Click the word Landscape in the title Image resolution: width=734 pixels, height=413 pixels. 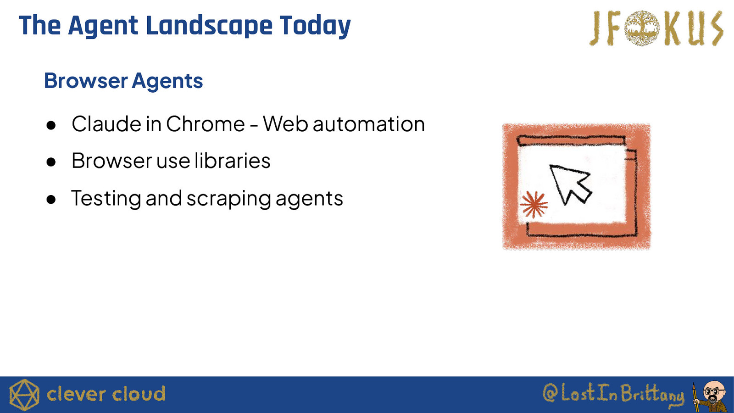click(209, 26)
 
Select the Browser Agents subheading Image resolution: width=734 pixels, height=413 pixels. click(123, 81)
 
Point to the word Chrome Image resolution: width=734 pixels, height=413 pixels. click(206, 124)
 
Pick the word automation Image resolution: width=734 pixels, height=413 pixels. click(369, 124)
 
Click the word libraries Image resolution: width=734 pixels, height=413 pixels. click(232, 161)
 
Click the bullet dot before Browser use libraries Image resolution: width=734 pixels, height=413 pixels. click(51, 162)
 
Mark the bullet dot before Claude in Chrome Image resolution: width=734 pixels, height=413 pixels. click(51, 125)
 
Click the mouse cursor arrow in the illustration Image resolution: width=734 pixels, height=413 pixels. click(569, 184)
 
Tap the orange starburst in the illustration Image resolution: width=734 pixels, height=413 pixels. click(534, 205)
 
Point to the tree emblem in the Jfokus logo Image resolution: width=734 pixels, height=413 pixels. click(642, 28)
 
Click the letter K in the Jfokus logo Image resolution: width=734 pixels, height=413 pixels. click(673, 28)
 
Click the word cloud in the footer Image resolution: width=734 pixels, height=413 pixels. click(139, 394)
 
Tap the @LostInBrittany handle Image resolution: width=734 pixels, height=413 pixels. click(613, 394)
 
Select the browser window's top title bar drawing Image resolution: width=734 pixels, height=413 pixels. click(571, 140)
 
